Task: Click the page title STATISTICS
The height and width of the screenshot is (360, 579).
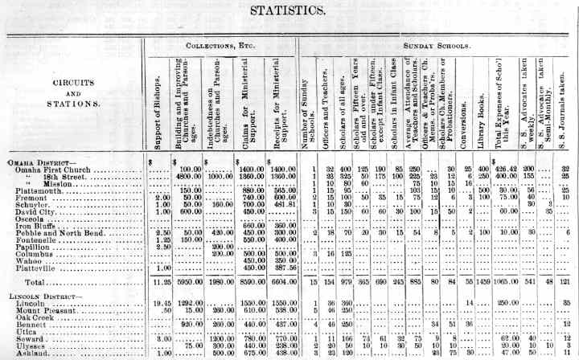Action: click(289, 10)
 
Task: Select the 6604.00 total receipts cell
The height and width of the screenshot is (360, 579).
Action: click(278, 282)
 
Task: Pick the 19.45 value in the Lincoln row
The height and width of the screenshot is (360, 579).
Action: click(158, 303)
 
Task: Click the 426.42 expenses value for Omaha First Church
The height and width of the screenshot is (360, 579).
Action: click(506, 169)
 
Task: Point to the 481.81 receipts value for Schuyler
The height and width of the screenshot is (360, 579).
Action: click(278, 203)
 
